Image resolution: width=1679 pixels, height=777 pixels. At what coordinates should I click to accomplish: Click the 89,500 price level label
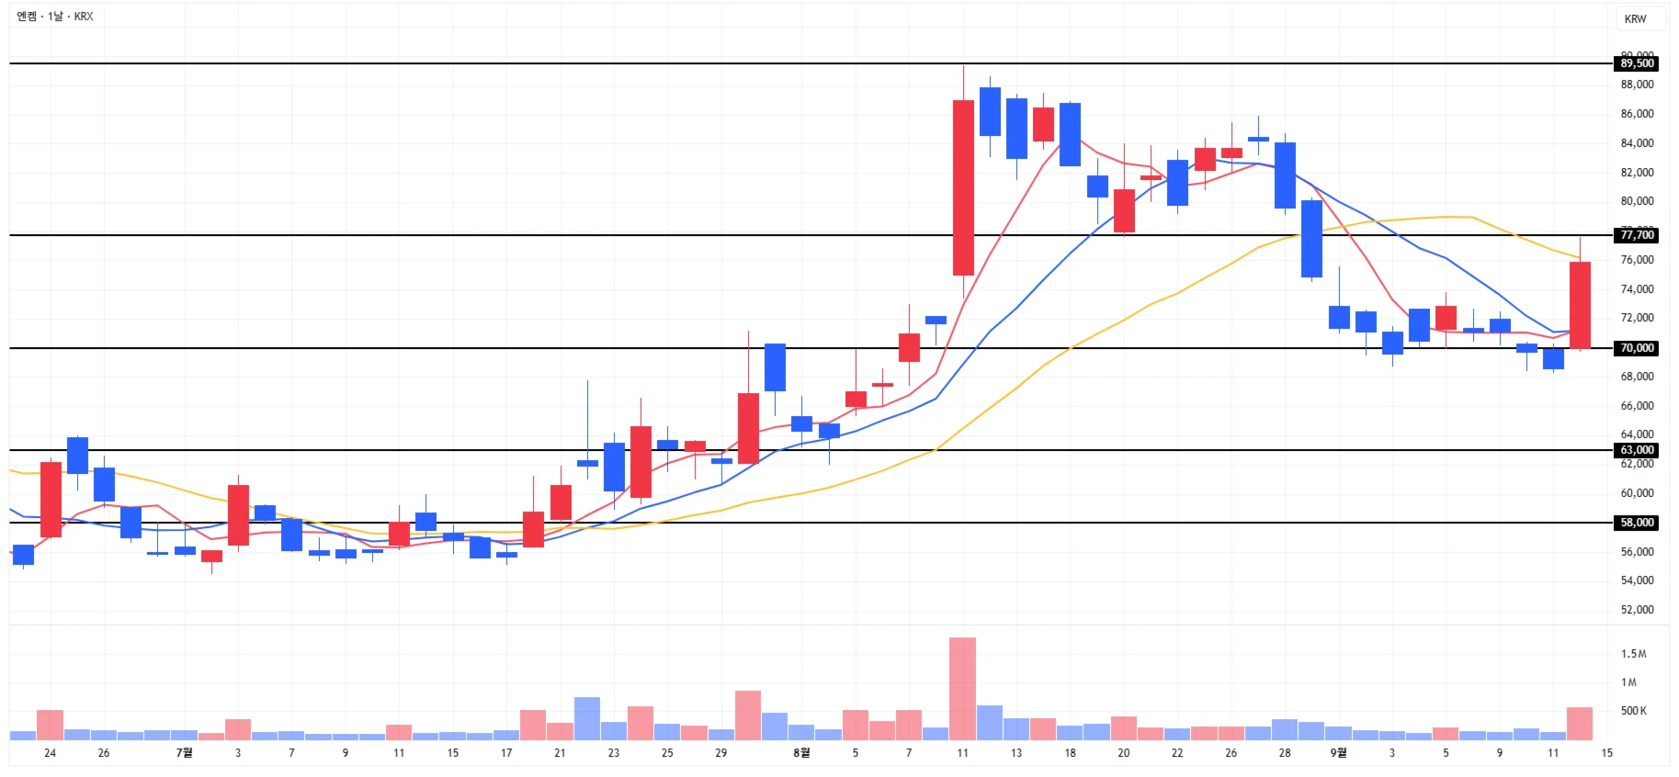pyautogui.click(x=1637, y=63)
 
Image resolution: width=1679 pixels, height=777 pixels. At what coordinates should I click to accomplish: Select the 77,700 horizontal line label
pyautogui.click(x=1637, y=235)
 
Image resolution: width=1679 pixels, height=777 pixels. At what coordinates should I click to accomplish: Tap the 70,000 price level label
pyautogui.click(x=1637, y=348)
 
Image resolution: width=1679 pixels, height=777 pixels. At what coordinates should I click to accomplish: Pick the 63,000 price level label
pyautogui.click(x=1637, y=450)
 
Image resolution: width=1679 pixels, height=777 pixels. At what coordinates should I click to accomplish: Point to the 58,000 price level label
pyautogui.click(x=1637, y=523)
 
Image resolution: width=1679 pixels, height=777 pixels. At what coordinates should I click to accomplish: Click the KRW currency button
pyautogui.click(x=1635, y=18)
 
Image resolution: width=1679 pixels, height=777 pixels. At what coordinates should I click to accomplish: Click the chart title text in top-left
pyautogui.click(x=55, y=17)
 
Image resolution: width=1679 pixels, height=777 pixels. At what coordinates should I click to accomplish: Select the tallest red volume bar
pyautogui.click(x=962, y=689)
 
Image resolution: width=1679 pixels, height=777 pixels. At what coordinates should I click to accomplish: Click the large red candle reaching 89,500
pyautogui.click(x=963, y=187)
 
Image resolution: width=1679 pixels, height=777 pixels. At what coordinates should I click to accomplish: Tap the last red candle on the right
pyautogui.click(x=1580, y=305)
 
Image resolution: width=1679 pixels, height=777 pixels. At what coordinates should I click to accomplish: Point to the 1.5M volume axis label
pyautogui.click(x=1633, y=654)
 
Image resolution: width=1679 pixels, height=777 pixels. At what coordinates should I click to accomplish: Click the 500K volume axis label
pyautogui.click(x=1633, y=711)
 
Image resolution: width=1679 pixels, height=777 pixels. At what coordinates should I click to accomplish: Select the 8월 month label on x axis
pyautogui.click(x=801, y=753)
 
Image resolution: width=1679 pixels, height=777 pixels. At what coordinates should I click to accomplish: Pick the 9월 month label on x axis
pyautogui.click(x=1338, y=753)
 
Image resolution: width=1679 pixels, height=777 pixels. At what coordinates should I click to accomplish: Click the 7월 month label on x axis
pyautogui.click(x=184, y=753)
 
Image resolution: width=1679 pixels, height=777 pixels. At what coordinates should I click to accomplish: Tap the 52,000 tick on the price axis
pyautogui.click(x=1637, y=610)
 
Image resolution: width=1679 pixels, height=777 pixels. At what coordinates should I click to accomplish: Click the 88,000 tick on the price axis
pyautogui.click(x=1637, y=84)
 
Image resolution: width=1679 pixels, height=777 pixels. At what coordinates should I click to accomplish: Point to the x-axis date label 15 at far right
pyautogui.click(x=1606, y=753)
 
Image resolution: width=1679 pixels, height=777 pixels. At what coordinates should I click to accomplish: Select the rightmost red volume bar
pyautogui.click(x=1580, y=724)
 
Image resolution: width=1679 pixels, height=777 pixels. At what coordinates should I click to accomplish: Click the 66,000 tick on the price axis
pyautogui.click(x=1637, y=406)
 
